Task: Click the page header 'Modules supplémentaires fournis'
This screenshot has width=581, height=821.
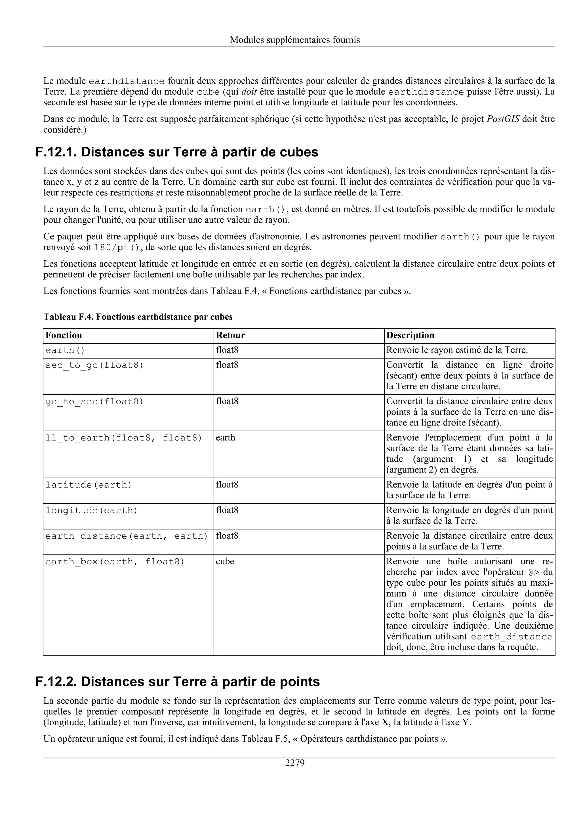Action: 295,40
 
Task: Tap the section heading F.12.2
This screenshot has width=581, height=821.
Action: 178,682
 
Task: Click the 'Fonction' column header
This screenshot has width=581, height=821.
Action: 64,335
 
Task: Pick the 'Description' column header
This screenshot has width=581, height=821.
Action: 410,335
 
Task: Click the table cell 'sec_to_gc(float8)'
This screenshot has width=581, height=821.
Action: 94,365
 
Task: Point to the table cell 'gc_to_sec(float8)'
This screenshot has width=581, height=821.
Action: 94,401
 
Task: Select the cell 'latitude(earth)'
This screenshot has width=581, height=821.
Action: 89,485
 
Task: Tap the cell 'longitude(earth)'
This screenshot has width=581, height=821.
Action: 91,511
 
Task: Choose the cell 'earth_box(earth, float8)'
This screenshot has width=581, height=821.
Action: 115,562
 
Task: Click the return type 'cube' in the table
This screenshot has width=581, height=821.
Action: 225,561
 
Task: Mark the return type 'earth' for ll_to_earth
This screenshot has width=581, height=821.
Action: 226,438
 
